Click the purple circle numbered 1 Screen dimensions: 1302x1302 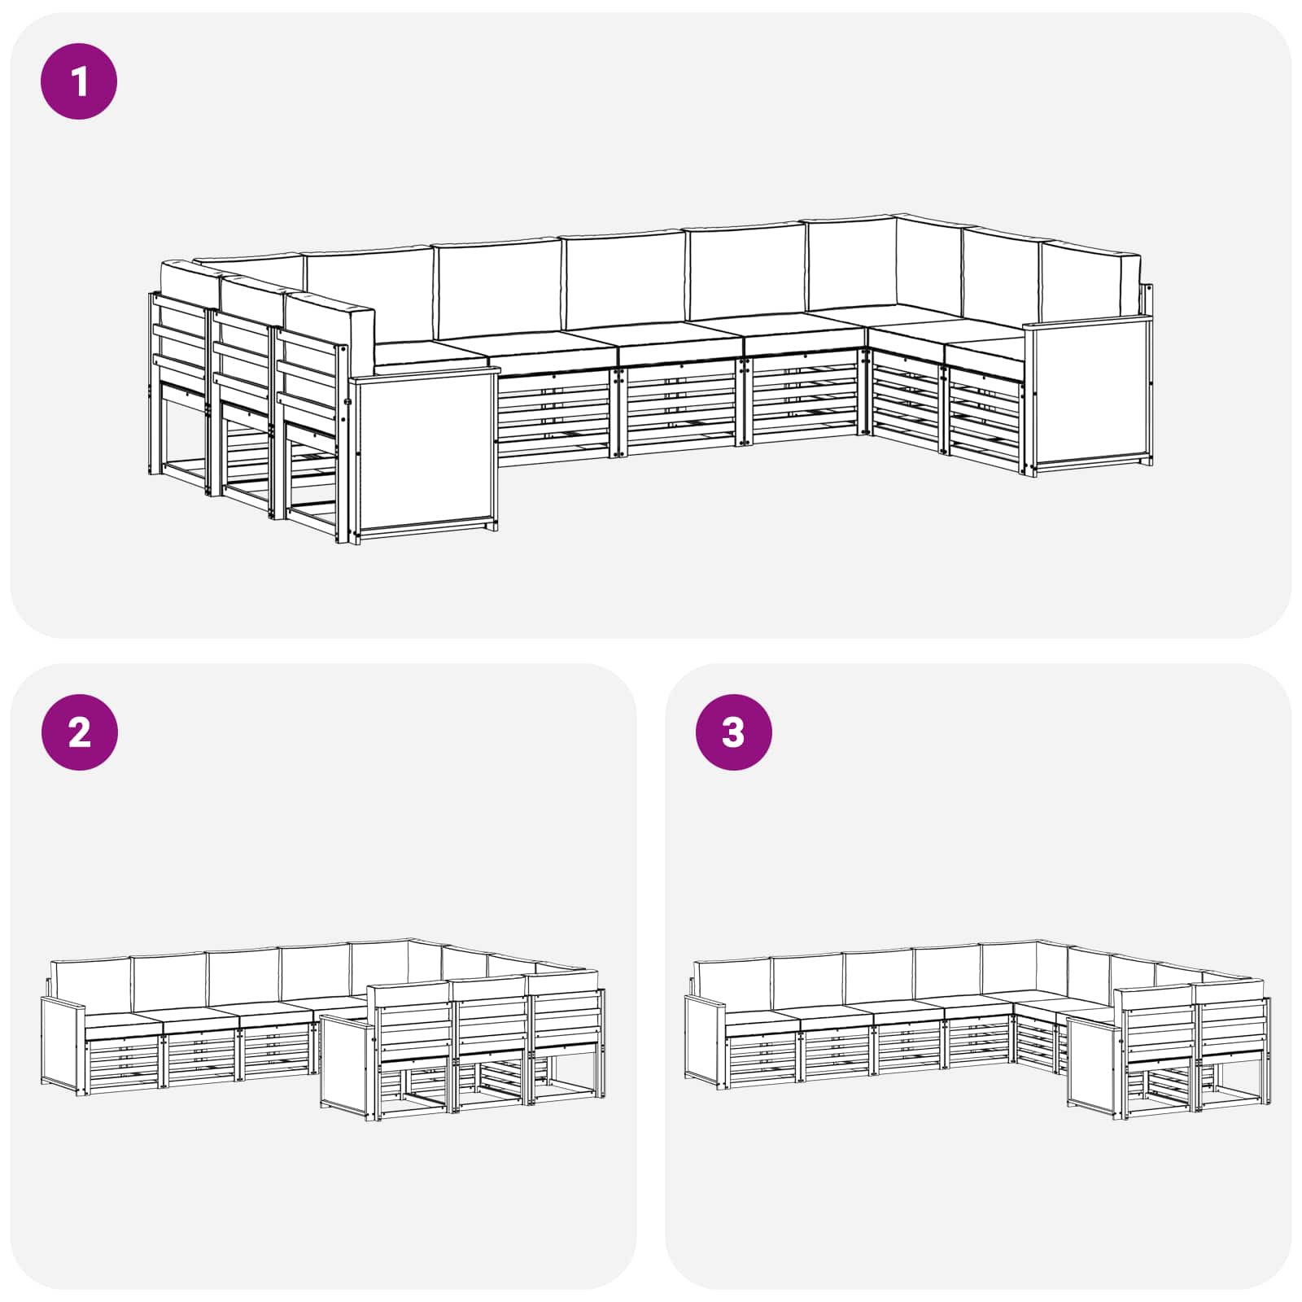79,81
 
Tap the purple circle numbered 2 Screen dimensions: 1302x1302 79,732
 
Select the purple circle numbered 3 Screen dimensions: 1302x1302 733,732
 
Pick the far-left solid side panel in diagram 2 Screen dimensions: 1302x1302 63,1046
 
